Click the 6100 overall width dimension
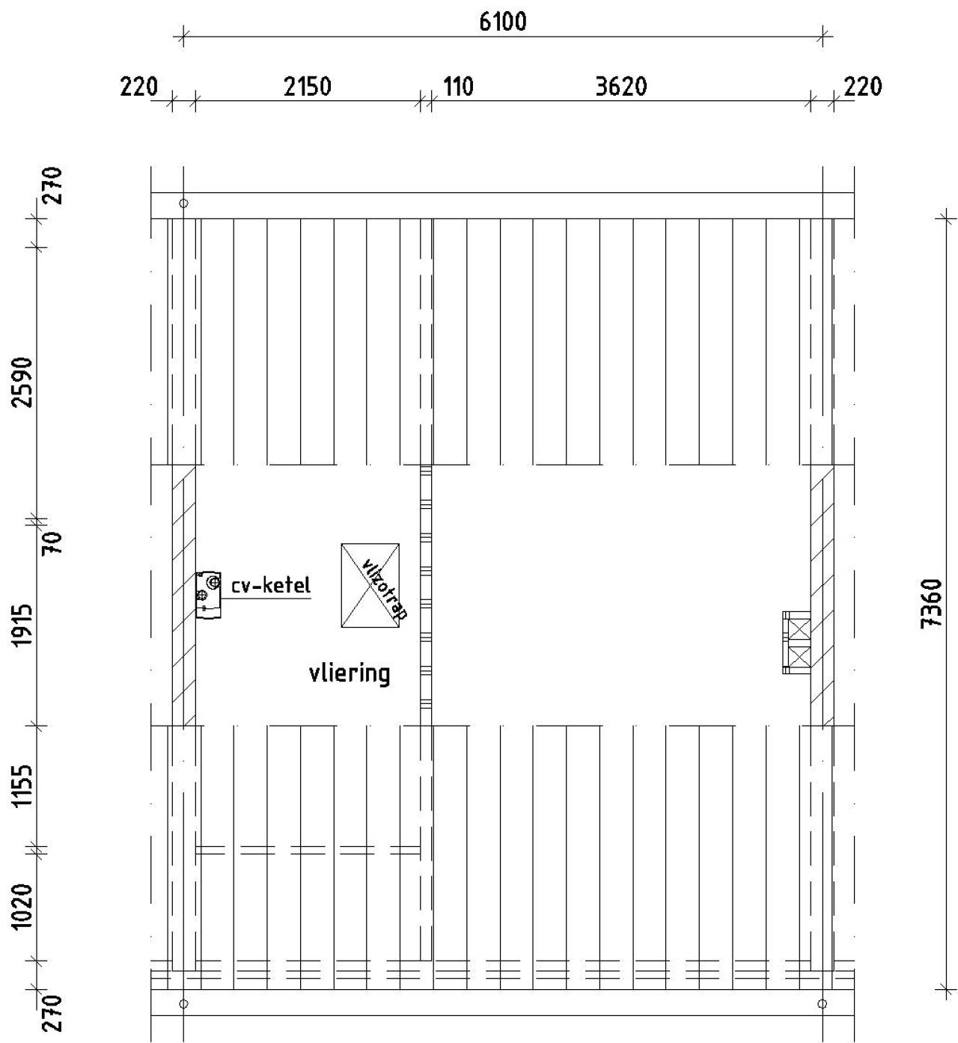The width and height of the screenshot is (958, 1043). pos(502,22)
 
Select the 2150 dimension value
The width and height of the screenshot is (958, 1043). pos(307,87)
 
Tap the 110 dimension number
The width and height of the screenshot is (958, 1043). pos(458,87)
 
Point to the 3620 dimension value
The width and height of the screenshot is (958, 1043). pos(620,87)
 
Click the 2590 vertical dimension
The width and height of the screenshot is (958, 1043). pos(25,382)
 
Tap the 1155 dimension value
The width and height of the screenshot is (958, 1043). pos(25,786)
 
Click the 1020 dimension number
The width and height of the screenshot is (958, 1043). pos(25,905)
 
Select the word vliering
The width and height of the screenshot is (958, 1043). pos(350,674)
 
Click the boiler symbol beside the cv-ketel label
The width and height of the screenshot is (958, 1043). pos(209,595)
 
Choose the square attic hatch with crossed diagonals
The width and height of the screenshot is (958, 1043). pos(370,585)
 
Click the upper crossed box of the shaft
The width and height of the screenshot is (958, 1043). pos(799,627)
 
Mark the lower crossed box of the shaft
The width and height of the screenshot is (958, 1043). pos(799,657)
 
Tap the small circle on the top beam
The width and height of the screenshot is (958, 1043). pos(184,203)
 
